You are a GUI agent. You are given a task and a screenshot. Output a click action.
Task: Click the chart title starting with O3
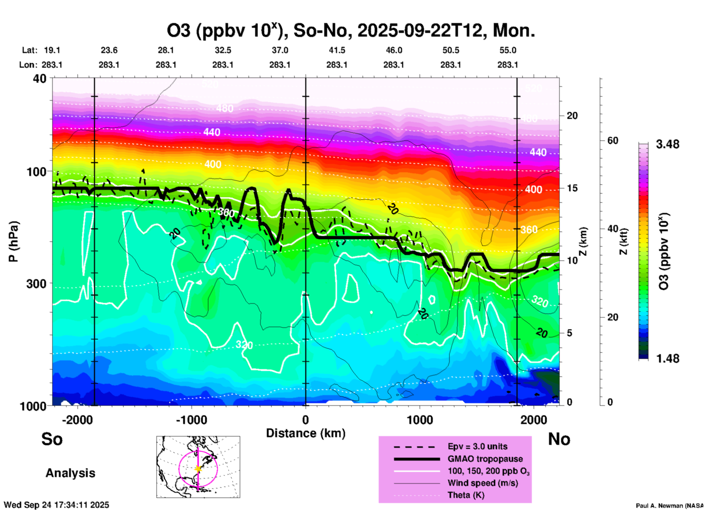pyautogui.click(x=351, y=31)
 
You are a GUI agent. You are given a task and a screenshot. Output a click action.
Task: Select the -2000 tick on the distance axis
pyautogui.click(x=77, y=420)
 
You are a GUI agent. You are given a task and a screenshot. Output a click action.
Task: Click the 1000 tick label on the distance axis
pyautogui.click(x=420, y=420)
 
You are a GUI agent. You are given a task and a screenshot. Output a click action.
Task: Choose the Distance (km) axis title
pyautogui.click(x=306, y=433)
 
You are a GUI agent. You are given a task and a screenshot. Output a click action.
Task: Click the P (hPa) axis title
pyautogui.click(x=13, y=241)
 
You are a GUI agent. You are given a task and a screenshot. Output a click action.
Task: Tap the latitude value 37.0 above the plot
pyautogui.click(x=280, y=50)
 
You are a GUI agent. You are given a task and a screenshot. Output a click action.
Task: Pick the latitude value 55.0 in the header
pyautogui.click(x=508, y=50)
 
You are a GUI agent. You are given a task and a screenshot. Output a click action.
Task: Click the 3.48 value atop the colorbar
pyautogui.click(x=667, y=145)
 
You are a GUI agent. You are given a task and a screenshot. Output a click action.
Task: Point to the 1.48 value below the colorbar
pyautogui.click(x=667, y=359)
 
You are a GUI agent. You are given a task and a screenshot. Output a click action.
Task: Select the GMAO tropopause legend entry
pyautogui.click(x=485, y=459)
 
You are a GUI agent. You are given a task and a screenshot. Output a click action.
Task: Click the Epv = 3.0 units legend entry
pyautogui.click(x=477, y=447)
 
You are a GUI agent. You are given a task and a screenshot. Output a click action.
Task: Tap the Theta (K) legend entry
pyautogui.click(x=466, y=495)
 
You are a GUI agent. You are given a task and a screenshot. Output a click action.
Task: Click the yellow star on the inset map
pyautogui.click(x=198, y=469)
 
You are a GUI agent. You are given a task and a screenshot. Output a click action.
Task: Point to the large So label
pyautogui.click(x=52, y=439)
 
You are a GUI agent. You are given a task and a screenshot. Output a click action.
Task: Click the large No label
pyautogui.click(x=559, y=439)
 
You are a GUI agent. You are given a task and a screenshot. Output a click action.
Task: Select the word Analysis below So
pyautogui.click(x=70, y=473)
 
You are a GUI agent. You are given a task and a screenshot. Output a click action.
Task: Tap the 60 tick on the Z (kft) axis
pyautogui.click(x=613, y=140)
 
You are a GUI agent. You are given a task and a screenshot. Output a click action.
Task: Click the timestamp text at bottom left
pyautogui.click(x=57, y=505)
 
